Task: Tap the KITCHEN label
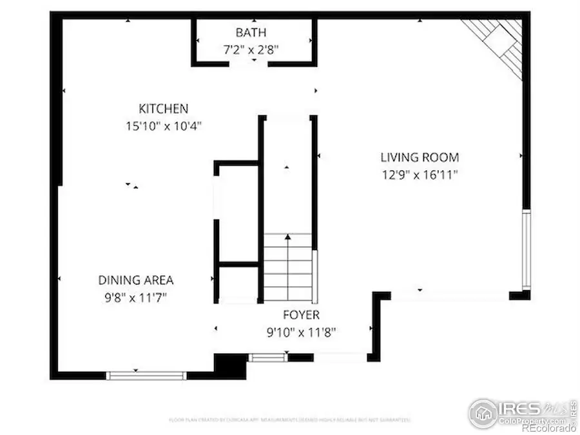tap(164, 109)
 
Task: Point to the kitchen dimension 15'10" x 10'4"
tap(164, 126)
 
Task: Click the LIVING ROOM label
tap(420, 157)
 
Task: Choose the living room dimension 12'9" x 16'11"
tap(420, 173)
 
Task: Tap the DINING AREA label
tap(135, 280)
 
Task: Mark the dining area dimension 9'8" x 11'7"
tap(135, 297)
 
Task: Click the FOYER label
tap(302, 315)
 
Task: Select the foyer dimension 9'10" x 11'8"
tap(302, 332)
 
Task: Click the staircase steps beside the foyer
tap(288, 267)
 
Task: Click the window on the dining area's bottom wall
tap(146, 375)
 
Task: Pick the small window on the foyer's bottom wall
tap(267, 357)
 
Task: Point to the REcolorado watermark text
tap(548, 428)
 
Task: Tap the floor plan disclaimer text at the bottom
tap(289, 420)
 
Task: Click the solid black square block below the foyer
tap(230, 365)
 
